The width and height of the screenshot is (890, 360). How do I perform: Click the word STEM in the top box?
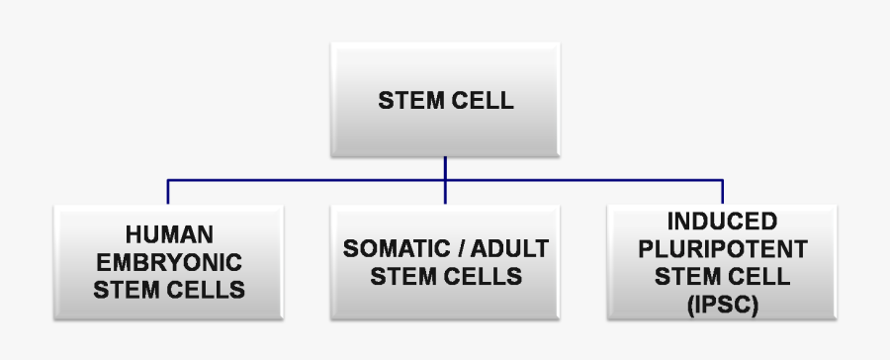click(407, 100)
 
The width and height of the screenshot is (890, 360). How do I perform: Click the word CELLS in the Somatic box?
click(483, 276)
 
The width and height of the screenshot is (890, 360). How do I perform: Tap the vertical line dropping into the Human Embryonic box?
click(167, 192)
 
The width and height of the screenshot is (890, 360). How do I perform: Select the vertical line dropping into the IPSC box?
click(722, 192)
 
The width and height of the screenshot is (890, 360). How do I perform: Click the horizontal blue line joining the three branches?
click(307, 181)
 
